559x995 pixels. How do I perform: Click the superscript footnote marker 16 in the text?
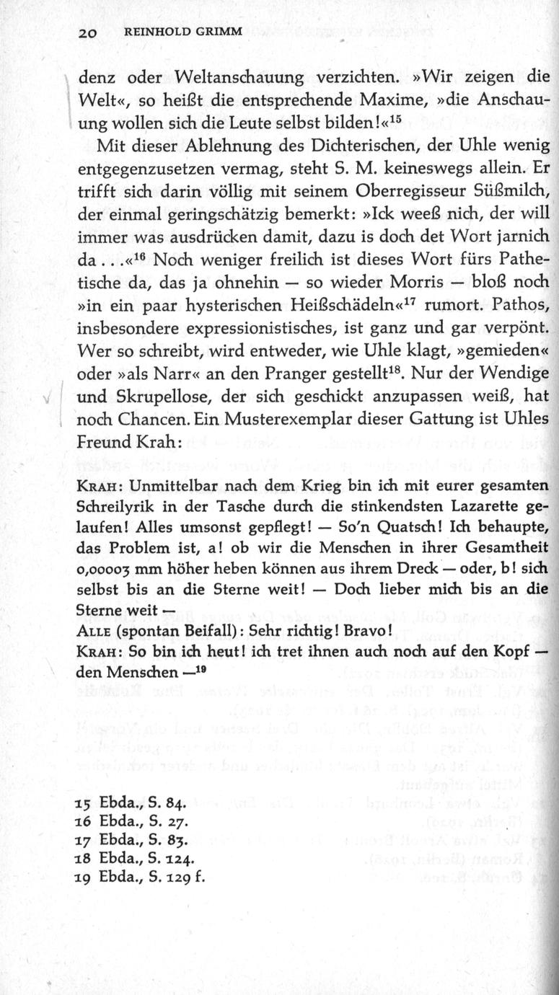click(137, 255)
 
